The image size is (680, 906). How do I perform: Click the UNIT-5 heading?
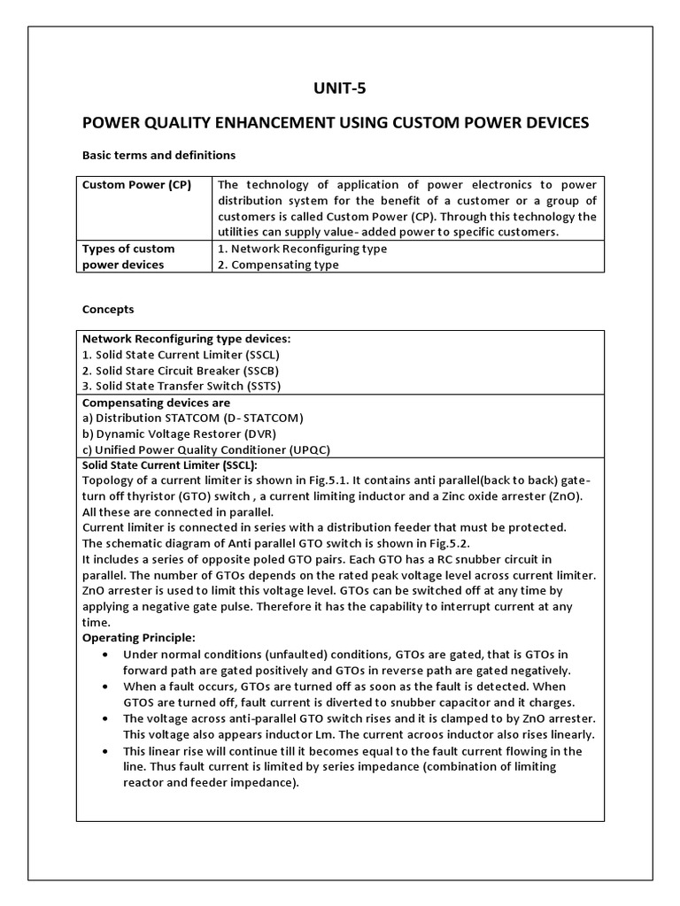340,88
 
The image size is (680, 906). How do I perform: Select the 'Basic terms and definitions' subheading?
158,155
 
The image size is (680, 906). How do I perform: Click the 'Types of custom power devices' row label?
128,257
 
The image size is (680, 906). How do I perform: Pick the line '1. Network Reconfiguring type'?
302,249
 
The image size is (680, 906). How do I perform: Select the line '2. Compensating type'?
278,265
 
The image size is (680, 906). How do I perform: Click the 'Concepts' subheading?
108,310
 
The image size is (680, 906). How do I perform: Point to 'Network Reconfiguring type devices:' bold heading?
186,339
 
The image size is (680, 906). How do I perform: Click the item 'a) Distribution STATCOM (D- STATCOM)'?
192,418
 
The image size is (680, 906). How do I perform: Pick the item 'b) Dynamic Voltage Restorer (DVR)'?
179,434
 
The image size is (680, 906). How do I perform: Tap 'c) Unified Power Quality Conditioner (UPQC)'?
205,449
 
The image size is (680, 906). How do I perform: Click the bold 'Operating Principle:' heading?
138,637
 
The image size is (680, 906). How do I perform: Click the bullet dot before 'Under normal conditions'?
106,655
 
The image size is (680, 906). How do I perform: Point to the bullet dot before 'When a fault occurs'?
106,687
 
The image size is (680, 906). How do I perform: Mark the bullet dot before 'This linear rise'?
106,751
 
